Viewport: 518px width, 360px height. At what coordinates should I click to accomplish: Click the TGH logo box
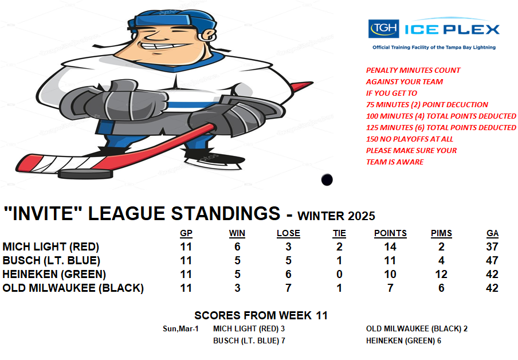tap(383, 29)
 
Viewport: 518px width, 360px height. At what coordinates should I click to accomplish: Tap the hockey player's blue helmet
tap(172, 20)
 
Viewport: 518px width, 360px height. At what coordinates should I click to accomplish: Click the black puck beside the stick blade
tap(85, 174)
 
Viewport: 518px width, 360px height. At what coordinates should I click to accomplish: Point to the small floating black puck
tap(327, 179)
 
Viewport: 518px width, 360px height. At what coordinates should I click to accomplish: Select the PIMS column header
tap(441, 233)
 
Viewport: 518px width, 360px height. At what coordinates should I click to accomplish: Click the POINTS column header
tap(390, 233)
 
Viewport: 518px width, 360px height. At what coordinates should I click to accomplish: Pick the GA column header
tap(492, 233)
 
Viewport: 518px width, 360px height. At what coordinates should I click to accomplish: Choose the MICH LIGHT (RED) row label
tap(51, 246)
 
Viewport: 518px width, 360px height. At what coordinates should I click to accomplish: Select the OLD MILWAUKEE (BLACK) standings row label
tap(73, 288)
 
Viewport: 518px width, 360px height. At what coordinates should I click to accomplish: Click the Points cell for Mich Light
tap(390, 246)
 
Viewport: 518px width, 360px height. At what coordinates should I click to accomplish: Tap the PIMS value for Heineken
tap(441, 274)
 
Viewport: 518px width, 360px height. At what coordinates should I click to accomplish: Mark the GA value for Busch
tap(492, 260)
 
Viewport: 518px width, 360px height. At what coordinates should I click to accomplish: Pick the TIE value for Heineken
tap(339, 274)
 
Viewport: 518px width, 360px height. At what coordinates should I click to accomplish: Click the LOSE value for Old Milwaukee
tap(288, 288)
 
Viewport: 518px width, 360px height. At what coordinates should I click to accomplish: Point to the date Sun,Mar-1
tap(180, 329)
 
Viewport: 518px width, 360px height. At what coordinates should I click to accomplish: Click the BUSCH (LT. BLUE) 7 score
tap(249, 341)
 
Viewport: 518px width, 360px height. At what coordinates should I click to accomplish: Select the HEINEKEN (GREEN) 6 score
tap(403, 341)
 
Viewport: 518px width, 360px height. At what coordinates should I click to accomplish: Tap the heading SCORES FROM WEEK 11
tap(261, 315)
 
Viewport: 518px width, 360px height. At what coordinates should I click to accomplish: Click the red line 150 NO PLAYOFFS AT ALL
tap(409, 139)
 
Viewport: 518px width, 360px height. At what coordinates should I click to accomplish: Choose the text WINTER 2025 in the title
tap(336, 216)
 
